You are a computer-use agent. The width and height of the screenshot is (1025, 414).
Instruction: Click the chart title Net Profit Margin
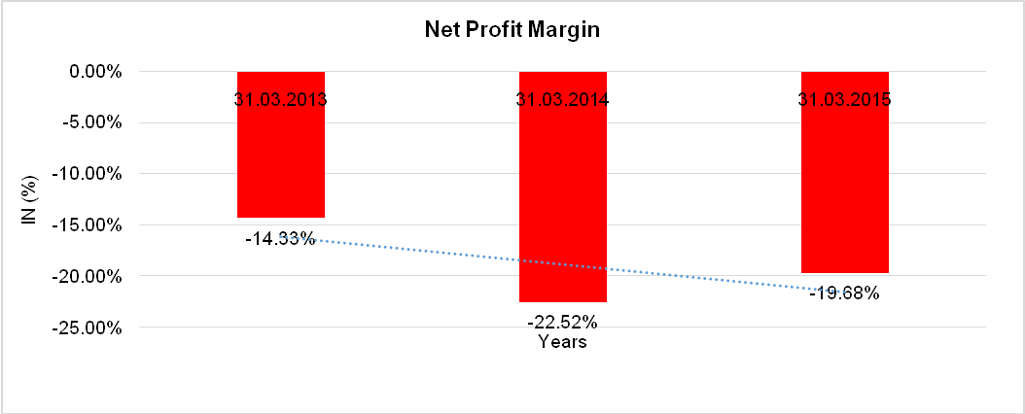tap(512, 30)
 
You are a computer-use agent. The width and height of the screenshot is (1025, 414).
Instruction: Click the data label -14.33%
tap(280, 238)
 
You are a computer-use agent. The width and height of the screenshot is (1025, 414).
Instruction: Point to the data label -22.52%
tap(562, 322)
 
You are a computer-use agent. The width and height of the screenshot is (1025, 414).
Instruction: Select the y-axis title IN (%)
tap(30, 200)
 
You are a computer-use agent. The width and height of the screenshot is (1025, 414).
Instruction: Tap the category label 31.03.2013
tap(280, 99)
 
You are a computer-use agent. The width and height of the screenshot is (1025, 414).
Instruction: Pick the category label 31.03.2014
tap(562, 99)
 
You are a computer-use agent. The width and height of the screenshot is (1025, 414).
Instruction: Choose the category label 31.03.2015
tap(844, 99)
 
